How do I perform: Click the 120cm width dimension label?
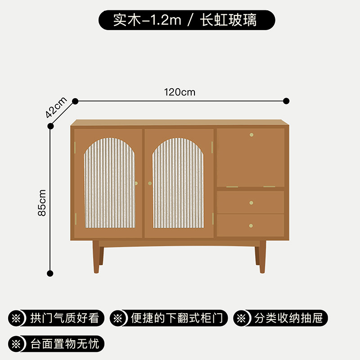[180, 92]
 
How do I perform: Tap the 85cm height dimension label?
[42, 202]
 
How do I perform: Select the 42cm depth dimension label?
[56, 107]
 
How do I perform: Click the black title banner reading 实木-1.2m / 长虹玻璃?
[186, 20]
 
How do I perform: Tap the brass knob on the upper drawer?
[251, 202]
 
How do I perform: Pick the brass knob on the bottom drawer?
[251, 225]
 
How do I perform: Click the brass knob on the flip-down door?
[251, 134]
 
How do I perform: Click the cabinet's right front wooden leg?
[262, 256]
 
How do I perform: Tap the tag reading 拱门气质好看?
[57, 319]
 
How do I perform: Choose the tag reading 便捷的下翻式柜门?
[169, 319]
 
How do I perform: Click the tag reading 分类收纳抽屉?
[280, 319]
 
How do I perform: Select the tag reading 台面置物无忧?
[57, 344]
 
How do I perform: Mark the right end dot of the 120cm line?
[286, 101]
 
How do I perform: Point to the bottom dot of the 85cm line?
[50, 273]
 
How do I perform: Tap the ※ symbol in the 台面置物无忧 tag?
[17, 344]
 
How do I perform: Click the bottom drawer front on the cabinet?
[250, 225]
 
